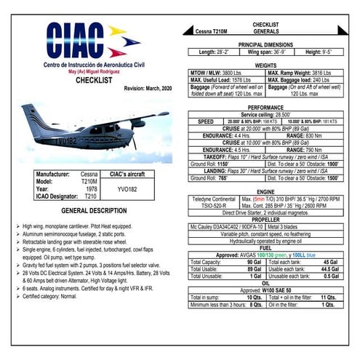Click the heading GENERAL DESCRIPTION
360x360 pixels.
coord(94,210)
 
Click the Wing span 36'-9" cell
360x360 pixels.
coord(265,52)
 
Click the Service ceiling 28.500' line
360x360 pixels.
coord(265,114)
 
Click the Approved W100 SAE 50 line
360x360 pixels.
coord(265,290)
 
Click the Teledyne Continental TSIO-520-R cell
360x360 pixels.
coord(214,201)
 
